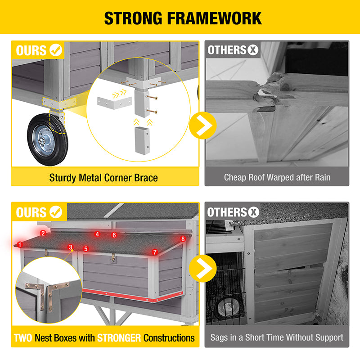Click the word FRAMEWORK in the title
(215, 18)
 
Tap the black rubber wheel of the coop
(48, 139)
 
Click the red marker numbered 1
(20, 245)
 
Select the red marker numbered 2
(43, 233)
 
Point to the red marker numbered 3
(71, 247)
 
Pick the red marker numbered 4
(97, 234)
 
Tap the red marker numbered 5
(86, 249)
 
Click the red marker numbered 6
(114, 235)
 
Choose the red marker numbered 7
(155, 252)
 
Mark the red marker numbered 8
(183, 239)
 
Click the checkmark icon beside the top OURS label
(56, 50)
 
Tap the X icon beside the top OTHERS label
(253, 50)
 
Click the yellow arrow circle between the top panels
(203, 126)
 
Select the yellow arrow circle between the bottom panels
(203, 268)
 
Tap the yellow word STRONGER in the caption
(119, 338)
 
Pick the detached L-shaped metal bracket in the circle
(114, 103)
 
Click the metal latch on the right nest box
(113, 258)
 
